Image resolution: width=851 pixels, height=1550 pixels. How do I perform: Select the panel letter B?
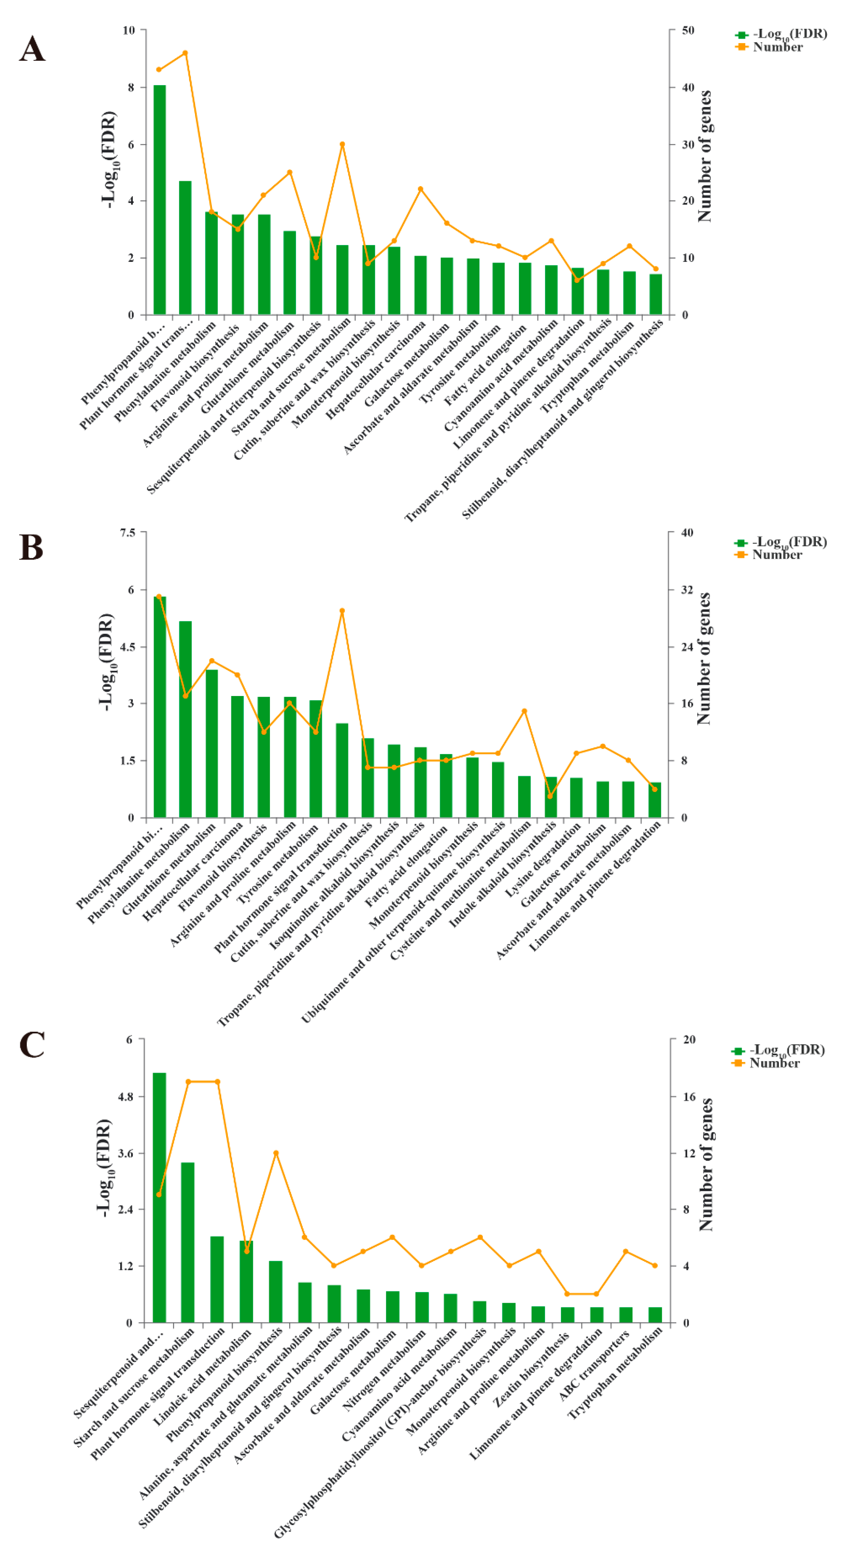pyautogui.click(x=31, y=548)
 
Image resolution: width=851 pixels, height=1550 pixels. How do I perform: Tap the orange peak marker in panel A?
pyautogui.click(x=185, y=53)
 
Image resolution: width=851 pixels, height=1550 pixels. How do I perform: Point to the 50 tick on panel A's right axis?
pyautogui.click(x=688, y=30)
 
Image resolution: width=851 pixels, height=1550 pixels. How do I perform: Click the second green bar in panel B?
pyautogui.click(x=185, y=719)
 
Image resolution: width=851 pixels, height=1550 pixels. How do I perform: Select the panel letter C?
pyautogui.click(x=32, y=1045)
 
